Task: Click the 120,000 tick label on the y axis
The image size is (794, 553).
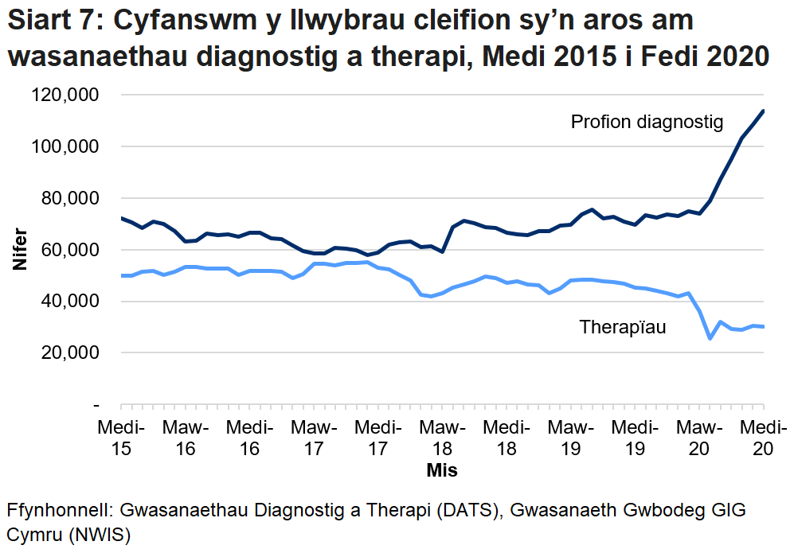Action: (x=65, y=95)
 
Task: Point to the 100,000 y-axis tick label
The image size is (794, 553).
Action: (x=65, y=147)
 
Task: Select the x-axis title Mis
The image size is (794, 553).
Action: (x=442, y=470)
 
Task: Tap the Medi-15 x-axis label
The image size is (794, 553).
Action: (x=120, y=438)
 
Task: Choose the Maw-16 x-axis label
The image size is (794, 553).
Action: (x=185, y=438)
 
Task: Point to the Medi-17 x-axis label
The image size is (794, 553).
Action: (x=377, y=438)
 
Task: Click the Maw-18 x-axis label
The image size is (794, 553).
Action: (x=442, y=438)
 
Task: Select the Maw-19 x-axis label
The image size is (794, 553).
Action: (x=570, y=438)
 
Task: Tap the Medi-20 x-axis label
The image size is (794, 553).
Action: (x=763, y=438)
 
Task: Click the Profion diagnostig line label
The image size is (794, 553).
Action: (x=647, y=123)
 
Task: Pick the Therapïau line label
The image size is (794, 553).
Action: (x=623, y=327)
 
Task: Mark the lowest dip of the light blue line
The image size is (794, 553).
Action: (x=710, y=338)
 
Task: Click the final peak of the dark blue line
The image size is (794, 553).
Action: (x=763, y=111)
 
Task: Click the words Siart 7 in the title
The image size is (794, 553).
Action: (x=50, y=21)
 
